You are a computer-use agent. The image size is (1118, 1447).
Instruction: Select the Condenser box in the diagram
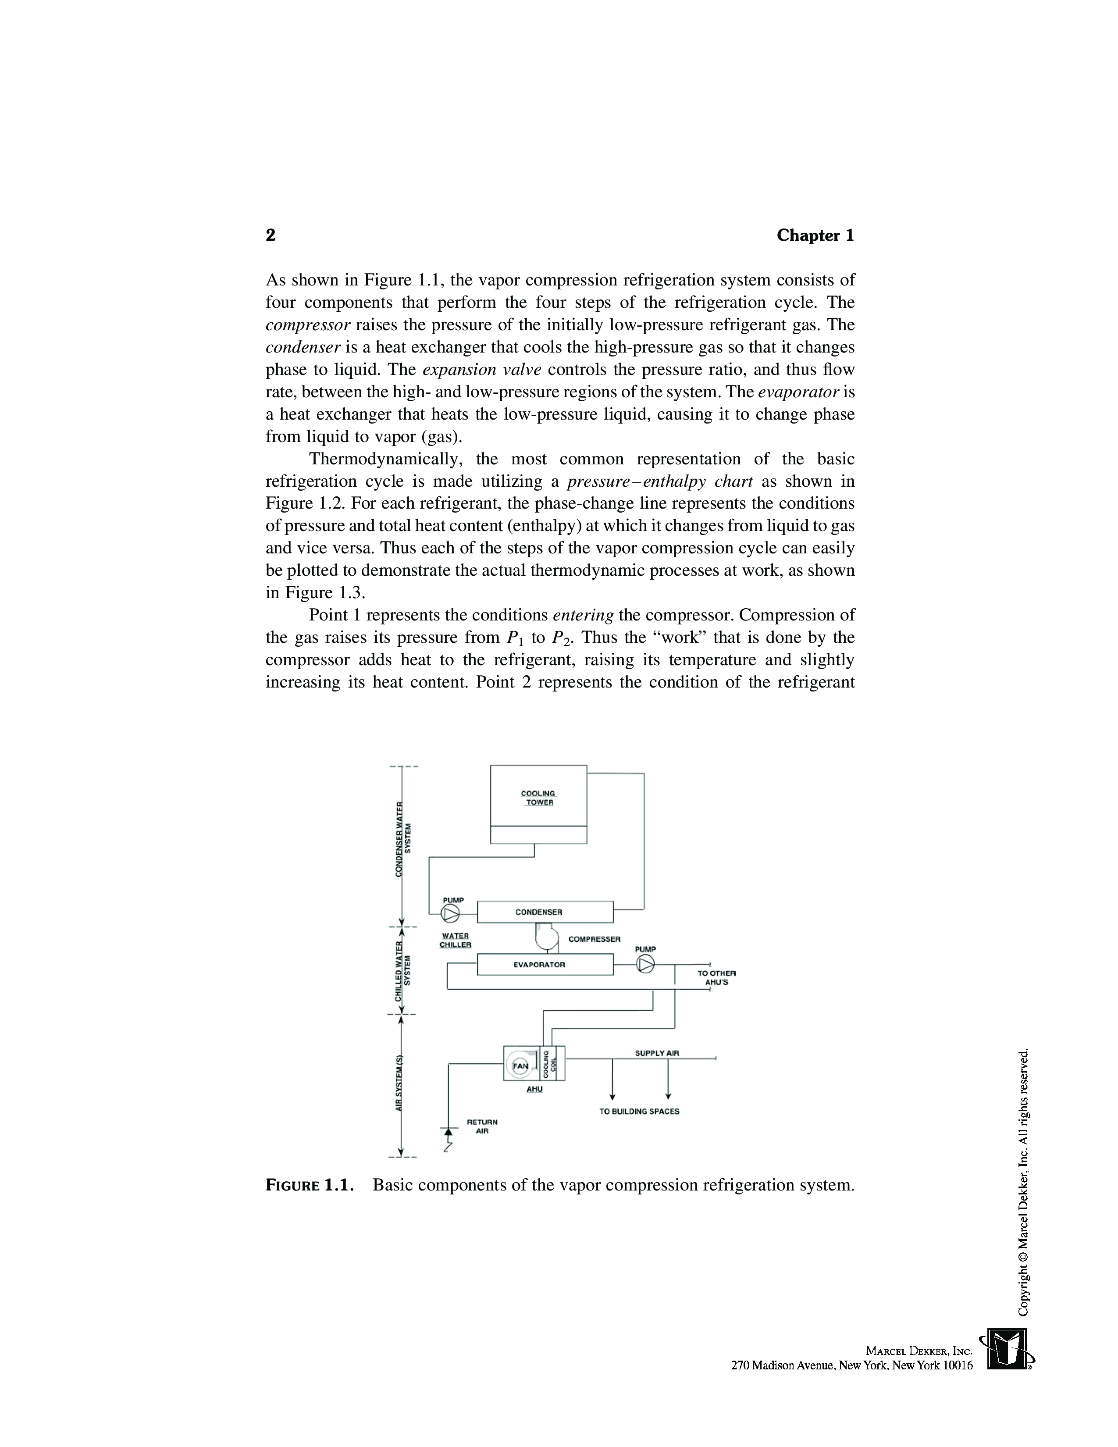(545, 912)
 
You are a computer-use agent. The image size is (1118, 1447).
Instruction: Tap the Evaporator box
(545, 965)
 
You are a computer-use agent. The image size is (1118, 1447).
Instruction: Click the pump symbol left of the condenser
(450, 914)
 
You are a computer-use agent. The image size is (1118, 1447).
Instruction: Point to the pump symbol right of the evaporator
(645, 965)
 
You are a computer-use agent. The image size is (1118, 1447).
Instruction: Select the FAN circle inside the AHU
(520, 1066)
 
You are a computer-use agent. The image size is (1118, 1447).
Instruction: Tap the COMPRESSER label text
(594, 939)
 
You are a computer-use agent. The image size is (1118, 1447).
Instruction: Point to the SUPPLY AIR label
(656, 1053)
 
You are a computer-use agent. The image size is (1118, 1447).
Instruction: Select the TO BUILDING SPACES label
(639, 1111)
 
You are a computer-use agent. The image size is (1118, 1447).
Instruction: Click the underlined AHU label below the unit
(534, 1089)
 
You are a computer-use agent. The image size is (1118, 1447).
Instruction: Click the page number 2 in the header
(270, 235)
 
